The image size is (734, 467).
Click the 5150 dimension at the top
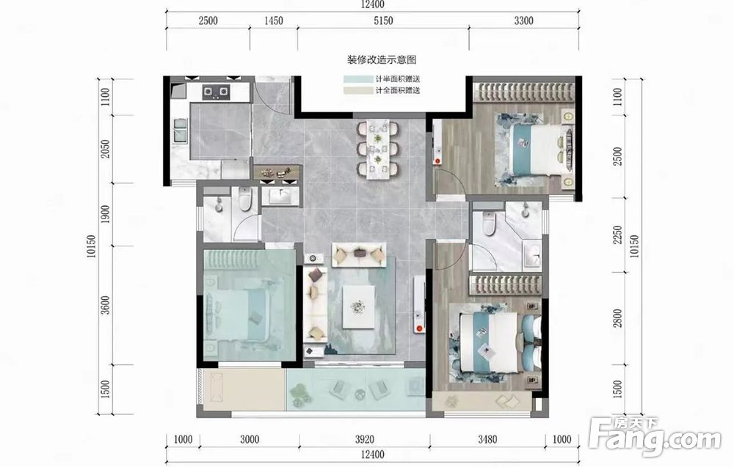tap(383, 21)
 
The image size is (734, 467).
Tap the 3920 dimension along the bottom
tap(365, 439)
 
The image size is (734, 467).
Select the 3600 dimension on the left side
tap(105, 305)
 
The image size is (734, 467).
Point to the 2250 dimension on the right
tap(618, 235)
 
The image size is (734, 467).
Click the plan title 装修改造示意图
tap(382, 60)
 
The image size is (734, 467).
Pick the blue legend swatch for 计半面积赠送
tap(357, 79)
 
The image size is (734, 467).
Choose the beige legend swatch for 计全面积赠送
tap(357, 91)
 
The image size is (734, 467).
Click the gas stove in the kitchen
tap(217, 92)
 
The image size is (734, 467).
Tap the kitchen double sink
tap(181, 130)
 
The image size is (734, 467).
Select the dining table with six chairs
tap(378, 149)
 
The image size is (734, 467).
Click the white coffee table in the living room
tap(359, 307)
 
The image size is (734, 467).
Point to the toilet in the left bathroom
tap(245, 199)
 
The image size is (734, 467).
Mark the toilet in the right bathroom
tap(489, 224)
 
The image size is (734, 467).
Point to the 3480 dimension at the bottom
tap(487, 439)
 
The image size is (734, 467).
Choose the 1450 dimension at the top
tap(273, 21)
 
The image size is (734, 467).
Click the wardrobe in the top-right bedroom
tap(524, 92)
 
